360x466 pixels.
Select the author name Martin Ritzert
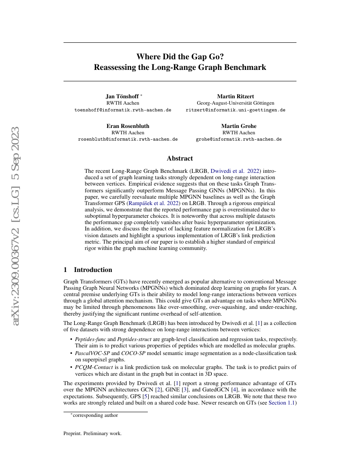pos(235,96)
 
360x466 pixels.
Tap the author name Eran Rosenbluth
pos(127,126)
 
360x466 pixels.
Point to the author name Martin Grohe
pos(238,126)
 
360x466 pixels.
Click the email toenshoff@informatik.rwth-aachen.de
pos(123,110)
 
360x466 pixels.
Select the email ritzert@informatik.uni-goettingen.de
pos(235,110)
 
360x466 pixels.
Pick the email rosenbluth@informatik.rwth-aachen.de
pos(128,139)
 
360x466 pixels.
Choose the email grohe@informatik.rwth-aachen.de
pos(238,139)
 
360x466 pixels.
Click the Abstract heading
pos(180,158)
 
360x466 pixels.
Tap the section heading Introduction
pos(93,270)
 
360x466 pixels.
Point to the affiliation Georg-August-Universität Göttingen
pos(235,103)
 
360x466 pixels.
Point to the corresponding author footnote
pos(94,415)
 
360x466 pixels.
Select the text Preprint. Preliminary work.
pos(92,434)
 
